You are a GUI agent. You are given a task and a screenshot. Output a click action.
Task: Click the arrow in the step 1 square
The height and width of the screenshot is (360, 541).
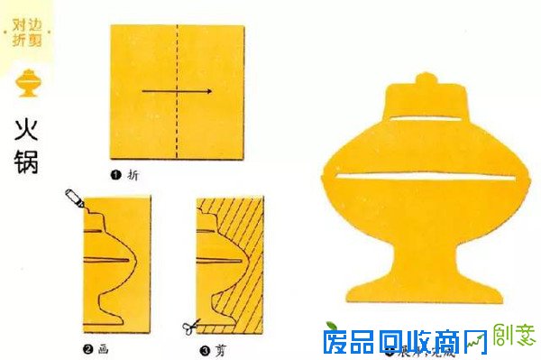(x=177, y=91)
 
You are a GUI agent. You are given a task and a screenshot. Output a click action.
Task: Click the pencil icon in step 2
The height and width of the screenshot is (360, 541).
(x=74, y=200)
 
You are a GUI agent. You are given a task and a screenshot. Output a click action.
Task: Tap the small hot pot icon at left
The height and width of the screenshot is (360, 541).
(x=27, y=86)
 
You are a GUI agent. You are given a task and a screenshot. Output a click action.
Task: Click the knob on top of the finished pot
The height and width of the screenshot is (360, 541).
(x=426, y=82)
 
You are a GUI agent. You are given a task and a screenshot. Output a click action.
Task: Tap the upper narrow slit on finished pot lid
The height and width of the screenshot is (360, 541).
(x=426, y=119)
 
